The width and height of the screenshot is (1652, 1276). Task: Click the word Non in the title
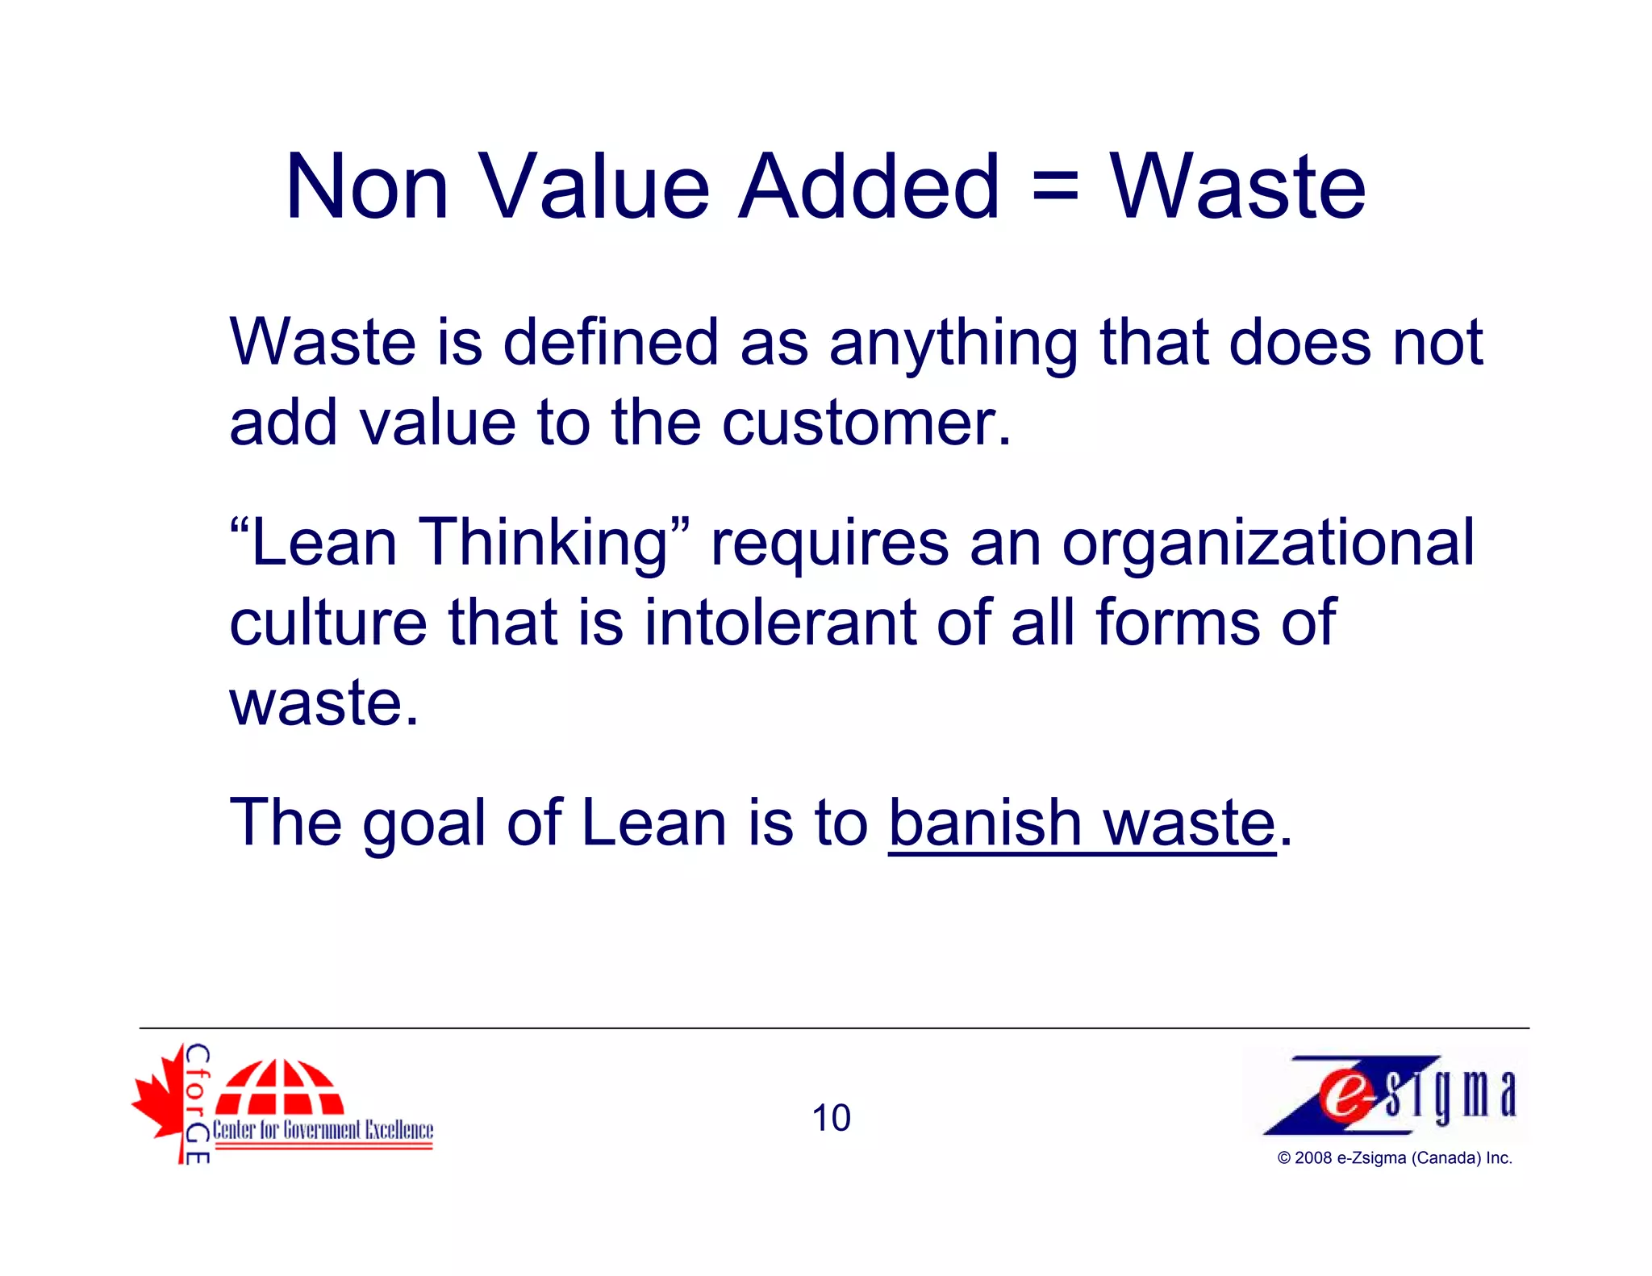pos(367,187)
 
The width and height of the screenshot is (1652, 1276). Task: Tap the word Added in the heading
pos(869,187)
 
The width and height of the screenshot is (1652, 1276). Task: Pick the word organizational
pos(1267,544)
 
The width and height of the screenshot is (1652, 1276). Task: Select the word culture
pos(328,623)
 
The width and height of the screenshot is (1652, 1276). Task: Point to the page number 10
pos(831,1119)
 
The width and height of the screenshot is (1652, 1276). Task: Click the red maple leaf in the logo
pos(161,1101)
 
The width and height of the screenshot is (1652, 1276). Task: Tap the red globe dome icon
pos(279,1086)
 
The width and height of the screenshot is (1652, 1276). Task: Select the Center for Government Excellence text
pos(323,1130)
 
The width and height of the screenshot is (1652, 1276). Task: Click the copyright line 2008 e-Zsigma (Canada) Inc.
pos(1394,1158)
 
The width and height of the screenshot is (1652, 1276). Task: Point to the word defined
pos(611,343)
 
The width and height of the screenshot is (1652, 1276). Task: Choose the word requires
pos(829,544)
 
